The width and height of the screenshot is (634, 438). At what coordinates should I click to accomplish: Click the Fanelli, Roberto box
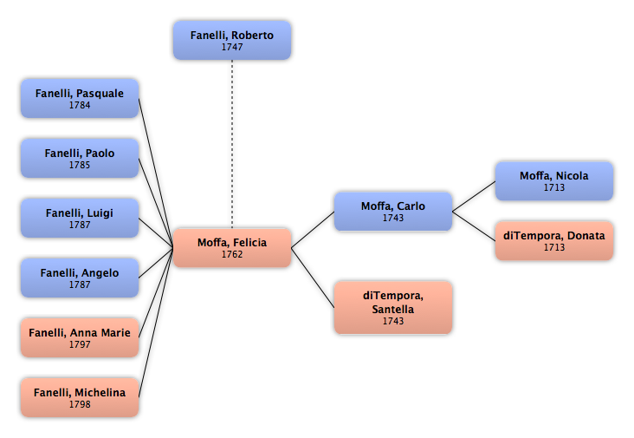232,41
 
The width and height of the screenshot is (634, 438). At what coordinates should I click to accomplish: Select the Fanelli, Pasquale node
80,98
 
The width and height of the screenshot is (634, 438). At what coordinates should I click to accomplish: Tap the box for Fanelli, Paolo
80,158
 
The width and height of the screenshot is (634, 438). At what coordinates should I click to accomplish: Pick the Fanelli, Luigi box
80,219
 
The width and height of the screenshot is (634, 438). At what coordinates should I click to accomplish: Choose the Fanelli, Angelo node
80,278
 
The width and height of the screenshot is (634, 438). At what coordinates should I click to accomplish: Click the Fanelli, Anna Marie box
80,338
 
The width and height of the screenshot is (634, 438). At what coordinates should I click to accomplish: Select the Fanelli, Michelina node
80,397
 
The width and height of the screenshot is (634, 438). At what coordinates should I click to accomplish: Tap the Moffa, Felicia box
232,248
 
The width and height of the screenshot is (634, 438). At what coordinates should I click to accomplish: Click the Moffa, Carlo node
393,212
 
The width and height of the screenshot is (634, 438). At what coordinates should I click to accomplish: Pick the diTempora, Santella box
393,308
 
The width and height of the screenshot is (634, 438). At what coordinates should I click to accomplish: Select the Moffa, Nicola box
554,181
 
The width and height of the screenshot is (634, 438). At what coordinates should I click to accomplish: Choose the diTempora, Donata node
554,241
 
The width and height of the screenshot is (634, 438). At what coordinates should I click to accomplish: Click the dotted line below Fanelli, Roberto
232,144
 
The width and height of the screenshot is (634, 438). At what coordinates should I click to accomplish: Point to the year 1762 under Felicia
232,254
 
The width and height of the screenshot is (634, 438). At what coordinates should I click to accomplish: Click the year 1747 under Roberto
232,47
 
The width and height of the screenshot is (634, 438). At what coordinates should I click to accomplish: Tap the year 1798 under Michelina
80,404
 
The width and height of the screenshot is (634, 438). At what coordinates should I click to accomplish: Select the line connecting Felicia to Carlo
313,230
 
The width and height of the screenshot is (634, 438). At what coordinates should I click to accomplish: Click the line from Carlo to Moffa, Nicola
474,196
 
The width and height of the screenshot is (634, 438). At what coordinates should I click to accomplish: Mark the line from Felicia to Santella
313,278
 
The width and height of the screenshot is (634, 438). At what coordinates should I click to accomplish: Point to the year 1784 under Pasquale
80,105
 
